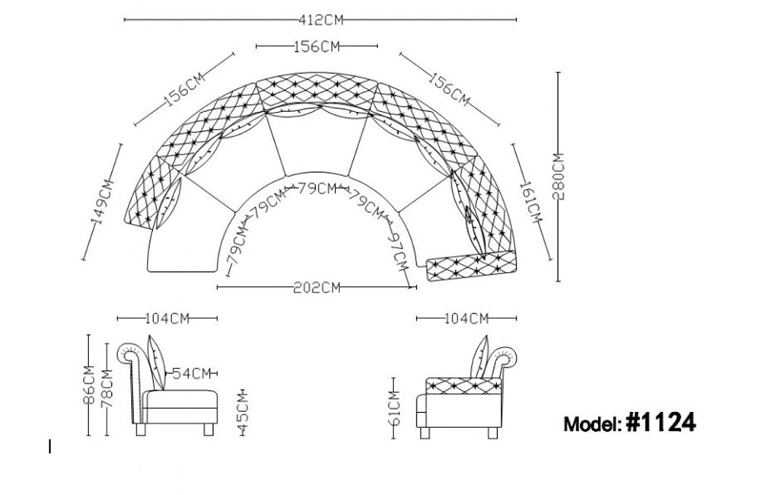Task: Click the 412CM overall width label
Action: pyautogui.click(x=320, y=18)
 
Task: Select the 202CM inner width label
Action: pyautogui.click(x=316, y=287)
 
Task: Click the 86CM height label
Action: pyautogui.click(x=90, y=385)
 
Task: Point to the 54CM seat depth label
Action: pyautogui.click(x=191, y=373)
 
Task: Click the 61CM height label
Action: pyautogui.click(x=393, y=412)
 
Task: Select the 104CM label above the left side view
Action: pyautogui.click(x=167, y=318)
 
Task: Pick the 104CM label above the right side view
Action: pyautogui.click(x=466, y=318)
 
